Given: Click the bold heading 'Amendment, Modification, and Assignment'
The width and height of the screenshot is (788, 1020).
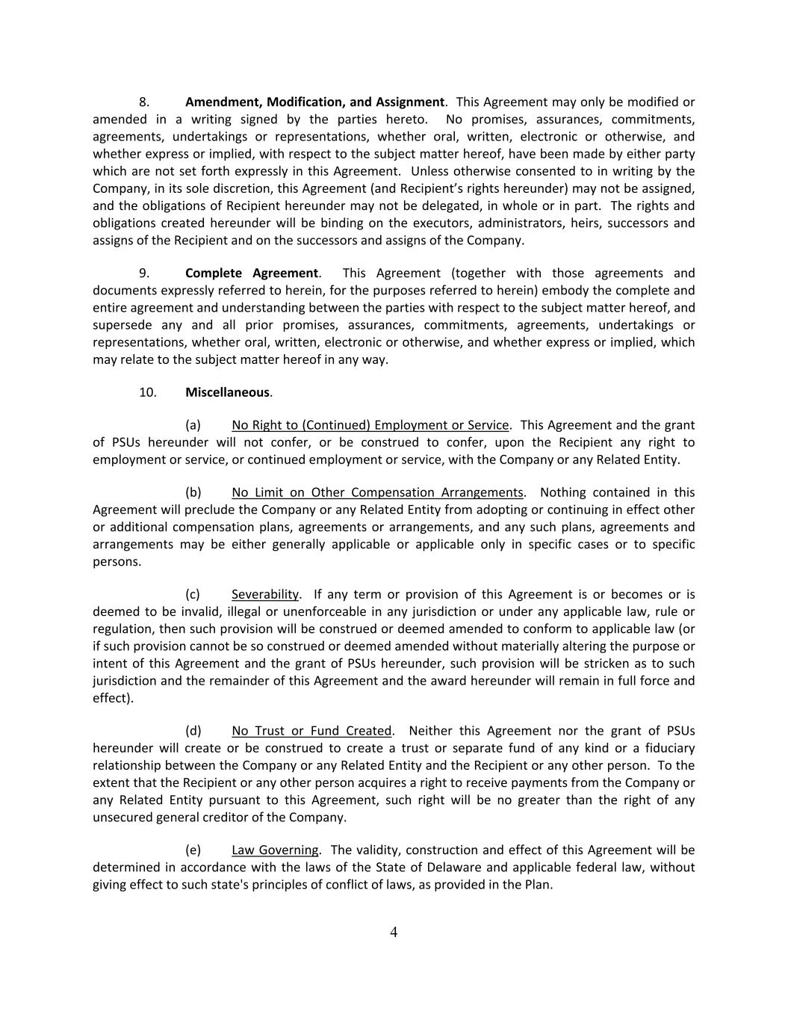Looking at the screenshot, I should [314, 102].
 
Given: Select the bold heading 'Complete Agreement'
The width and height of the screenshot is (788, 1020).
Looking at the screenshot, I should [252, 273].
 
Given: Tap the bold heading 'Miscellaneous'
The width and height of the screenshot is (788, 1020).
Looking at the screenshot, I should [227, 392].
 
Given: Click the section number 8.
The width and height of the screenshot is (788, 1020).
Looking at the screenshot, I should [144, 102].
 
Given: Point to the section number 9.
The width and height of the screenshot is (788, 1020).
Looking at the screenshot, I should [144, 273].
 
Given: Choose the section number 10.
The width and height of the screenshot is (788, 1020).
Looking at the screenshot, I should [147, 392].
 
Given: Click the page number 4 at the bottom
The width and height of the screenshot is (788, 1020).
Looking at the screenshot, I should [394, 932].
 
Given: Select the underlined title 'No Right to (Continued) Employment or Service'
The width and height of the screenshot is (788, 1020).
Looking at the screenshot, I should [370, 425].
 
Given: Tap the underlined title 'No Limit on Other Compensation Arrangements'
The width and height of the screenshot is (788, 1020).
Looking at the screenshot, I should [377, 492].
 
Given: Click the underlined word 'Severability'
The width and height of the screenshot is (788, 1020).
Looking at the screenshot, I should [265, 594].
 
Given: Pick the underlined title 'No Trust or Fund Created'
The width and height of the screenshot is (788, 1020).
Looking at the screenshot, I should [311, 731].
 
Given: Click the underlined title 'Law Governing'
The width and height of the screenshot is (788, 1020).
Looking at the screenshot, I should [275, 850].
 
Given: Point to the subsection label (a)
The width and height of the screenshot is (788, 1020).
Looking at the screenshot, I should [193, 425].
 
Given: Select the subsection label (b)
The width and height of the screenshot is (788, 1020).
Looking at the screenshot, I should [193, 492].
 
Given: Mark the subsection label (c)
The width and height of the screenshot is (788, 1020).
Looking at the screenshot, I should [193, 594].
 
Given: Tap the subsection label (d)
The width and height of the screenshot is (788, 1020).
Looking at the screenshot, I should [193, 731].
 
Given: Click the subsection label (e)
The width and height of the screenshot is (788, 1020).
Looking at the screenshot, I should [193, 850].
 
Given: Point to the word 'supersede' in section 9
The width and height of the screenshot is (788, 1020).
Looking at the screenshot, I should [122, 325].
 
